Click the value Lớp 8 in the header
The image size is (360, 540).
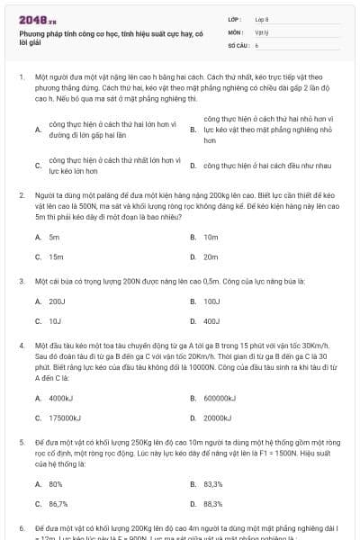[262, 19]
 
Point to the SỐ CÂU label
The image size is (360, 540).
[238, 44]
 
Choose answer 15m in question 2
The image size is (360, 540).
[56, 256]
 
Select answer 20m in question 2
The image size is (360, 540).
[211, 256]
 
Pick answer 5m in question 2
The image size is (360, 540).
[54, 237]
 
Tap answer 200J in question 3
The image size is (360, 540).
[57, 301]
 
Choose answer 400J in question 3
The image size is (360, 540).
[211, 320]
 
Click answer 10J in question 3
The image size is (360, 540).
[55, 320]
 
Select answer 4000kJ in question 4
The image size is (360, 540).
[60, 397]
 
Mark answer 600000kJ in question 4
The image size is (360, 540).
[218, 397]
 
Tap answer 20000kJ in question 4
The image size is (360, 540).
[217, 418]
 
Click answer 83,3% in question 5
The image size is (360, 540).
[212, 483]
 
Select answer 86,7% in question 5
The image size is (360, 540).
[58, 504]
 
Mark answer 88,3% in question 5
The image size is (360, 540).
[212, 504]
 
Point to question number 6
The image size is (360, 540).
[21, 528]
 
